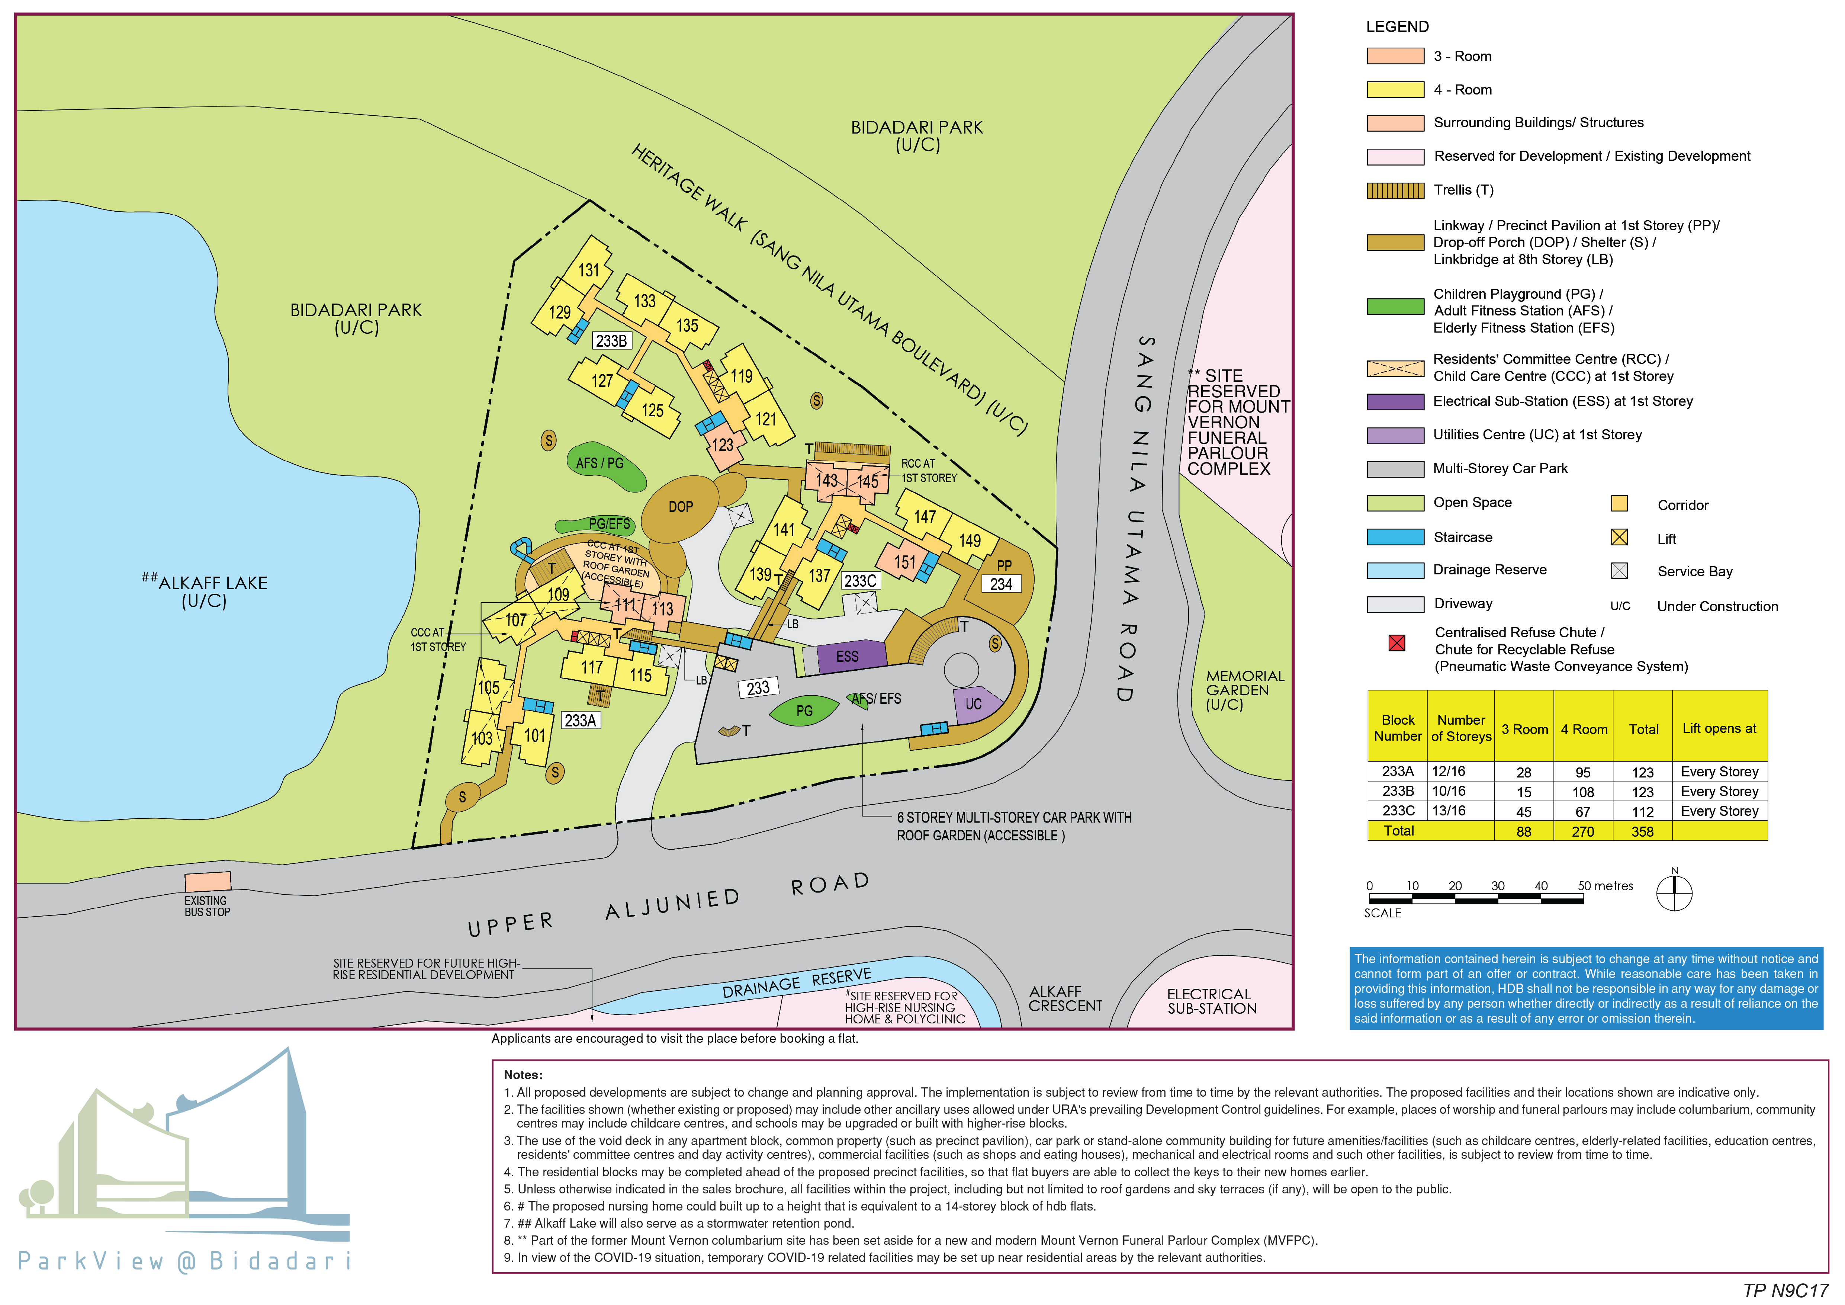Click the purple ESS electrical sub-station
click(x=848, y=657)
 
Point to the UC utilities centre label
click(x=973, y=704)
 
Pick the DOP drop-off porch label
click(x=681, y=507)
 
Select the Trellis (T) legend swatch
click(x=1395, y=190)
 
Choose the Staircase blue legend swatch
click(x=1395, y=537)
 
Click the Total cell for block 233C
click(x=1642, y=812)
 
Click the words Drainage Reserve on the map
click(x=795, y=983)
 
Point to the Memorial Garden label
click(x=1245, y=690)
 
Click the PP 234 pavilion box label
click(x=1001, y=584)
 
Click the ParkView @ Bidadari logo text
click(x=185, y=1261)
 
